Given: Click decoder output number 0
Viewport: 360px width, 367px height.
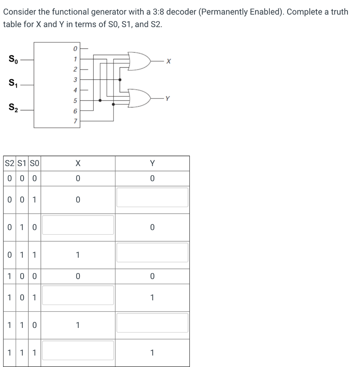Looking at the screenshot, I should [x=75, y=47].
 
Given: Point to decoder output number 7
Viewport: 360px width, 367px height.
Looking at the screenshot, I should [x=75, y=123].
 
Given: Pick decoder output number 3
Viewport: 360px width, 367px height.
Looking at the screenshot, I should [x=75, y=80].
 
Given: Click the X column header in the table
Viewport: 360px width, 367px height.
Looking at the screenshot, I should [x=78, y=163].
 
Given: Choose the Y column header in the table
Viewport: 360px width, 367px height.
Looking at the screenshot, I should [x=152, y=163].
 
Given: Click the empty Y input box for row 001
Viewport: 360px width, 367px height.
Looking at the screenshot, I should [x=152, y=197].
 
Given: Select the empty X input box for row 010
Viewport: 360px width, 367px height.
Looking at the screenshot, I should [x=78, y=225].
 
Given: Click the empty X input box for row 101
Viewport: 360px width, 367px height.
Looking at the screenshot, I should [x=78, y=295].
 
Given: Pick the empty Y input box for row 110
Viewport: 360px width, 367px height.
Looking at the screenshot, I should [x=152, y=323].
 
